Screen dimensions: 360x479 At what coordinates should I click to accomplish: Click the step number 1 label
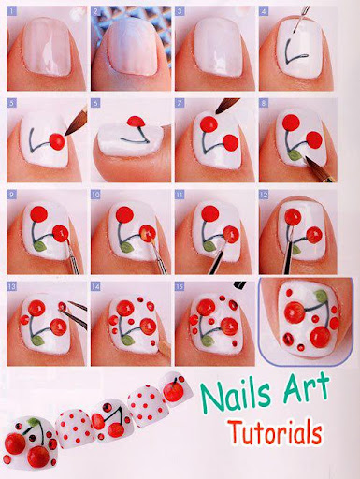(x=11, y=12)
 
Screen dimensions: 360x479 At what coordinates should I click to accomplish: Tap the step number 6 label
(x=95, y=103)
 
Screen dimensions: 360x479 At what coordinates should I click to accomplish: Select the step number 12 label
(x=264, y=195)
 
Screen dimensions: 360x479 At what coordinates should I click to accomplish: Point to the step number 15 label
(x=180, y=286)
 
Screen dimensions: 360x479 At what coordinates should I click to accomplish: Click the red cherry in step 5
(x=57, y=141)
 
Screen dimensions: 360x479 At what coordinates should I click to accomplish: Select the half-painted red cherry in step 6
(x=137, y=122)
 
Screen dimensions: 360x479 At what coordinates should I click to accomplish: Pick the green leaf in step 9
(x=40, y=246)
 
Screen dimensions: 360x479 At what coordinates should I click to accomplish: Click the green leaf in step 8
(x=295, y=155)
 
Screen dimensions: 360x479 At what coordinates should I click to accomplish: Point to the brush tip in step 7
(x=220, y=109)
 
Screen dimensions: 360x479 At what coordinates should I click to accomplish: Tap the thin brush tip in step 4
(x=295, y=31)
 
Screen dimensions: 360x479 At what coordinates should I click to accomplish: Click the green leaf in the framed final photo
(x=321, y=296)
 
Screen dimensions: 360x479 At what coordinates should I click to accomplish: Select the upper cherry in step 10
(x=124, y=214)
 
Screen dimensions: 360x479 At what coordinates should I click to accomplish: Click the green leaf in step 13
(x=37, y=341)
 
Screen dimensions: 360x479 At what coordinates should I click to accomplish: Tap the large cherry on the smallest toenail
(x=173, y=392)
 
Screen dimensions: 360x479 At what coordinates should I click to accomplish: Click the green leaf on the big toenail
(x=35, y=422)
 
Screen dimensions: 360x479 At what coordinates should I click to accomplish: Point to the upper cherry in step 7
(x=209, y=123)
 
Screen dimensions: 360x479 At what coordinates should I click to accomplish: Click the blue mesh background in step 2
(x=161, y=22)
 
